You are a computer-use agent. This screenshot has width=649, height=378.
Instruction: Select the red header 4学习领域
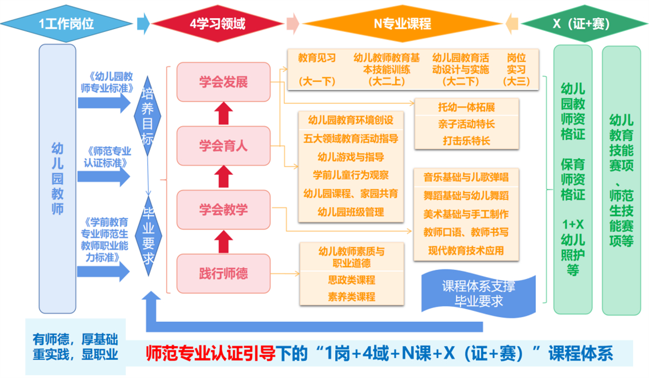(217, 24)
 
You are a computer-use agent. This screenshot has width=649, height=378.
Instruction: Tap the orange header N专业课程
(402, 24)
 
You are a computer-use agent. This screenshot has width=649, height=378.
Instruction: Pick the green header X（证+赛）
(581, 24)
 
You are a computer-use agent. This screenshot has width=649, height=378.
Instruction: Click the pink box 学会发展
(223, 82)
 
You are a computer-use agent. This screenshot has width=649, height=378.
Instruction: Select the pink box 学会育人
(223, 146)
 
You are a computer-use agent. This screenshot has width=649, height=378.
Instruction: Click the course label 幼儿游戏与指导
(351, 157)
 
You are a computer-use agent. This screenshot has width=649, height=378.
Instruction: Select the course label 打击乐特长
(466, 140)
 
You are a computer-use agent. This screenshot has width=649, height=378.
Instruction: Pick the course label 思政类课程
(351, 281)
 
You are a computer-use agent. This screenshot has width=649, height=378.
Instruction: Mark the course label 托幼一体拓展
(466, 107)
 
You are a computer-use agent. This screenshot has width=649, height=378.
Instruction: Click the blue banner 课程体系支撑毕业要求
(478, 293)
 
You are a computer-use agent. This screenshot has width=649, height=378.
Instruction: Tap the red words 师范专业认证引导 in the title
(211, 353)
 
